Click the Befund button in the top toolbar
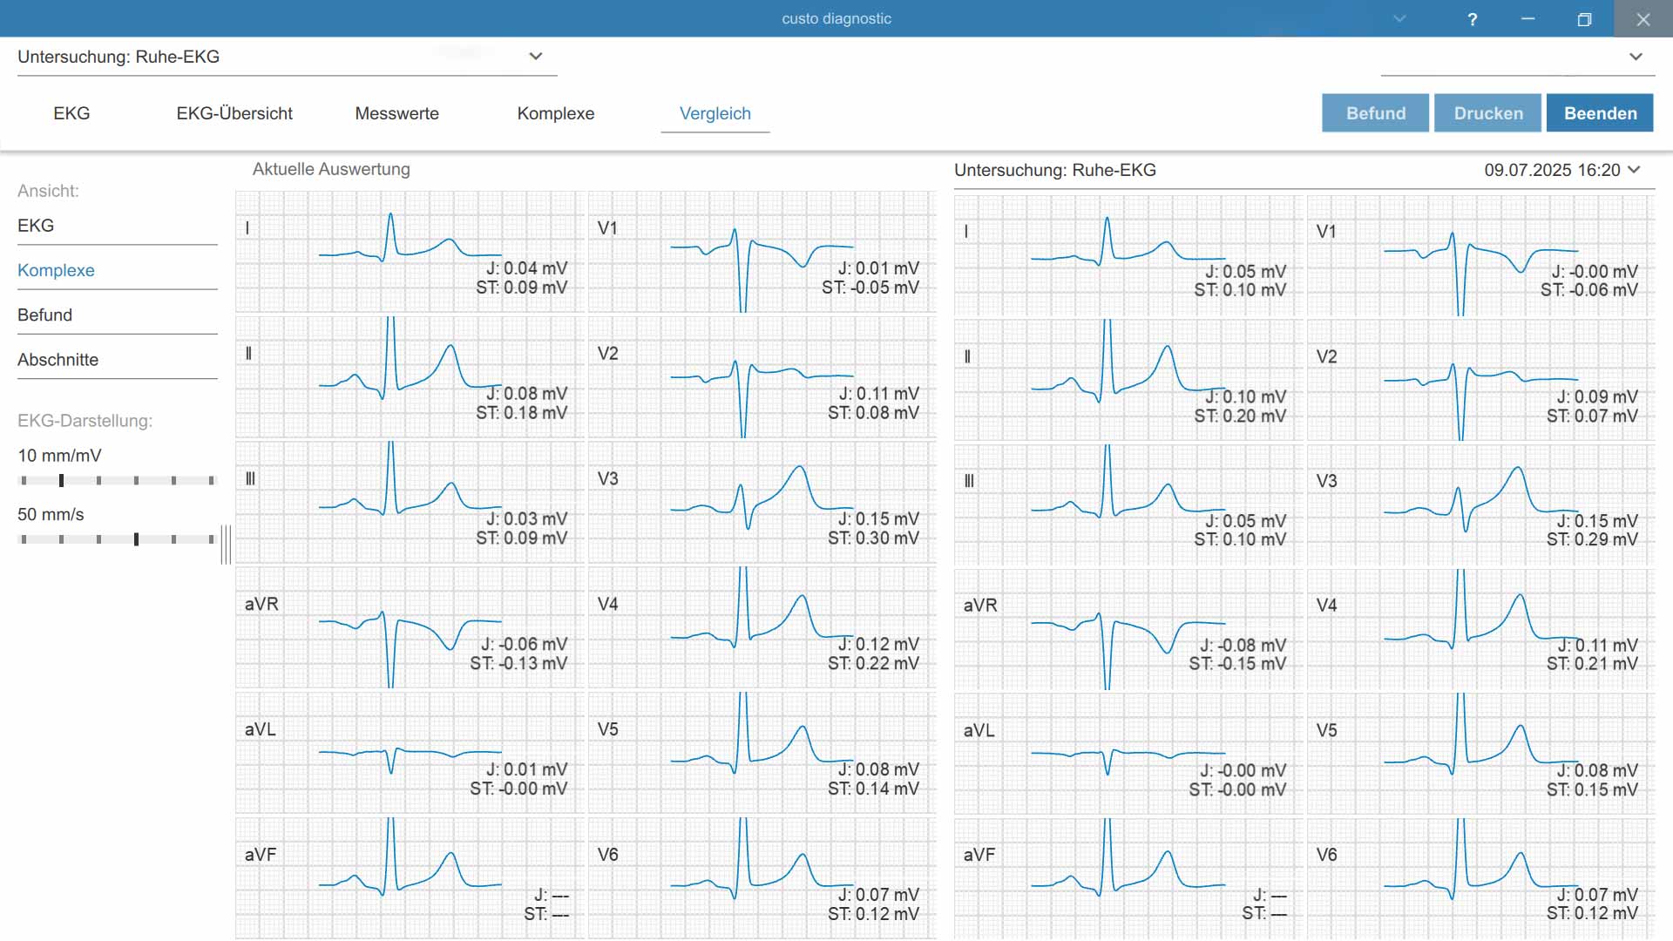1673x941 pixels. tap(1375, 113)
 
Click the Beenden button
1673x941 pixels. tap(1600, 113)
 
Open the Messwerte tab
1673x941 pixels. tap(396, 113)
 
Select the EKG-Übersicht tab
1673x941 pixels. tap(234, 113)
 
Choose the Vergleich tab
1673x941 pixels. tap(715, 113)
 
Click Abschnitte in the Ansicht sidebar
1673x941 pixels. tap(58, 360)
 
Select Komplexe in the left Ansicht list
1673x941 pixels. tap(56, 270)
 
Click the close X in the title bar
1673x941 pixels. tap(1643, 19)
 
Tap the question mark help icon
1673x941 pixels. tap(1473, 19)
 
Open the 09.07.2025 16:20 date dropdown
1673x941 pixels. tap(1562, 170)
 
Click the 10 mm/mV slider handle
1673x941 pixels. tap(61, 481)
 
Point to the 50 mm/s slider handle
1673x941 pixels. tap(136, 540)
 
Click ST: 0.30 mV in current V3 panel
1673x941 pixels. tap(873, 538)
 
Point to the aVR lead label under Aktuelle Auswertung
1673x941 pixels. tap(261, 604)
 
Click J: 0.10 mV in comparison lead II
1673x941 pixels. tap(1245, 396)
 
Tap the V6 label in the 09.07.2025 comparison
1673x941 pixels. tap(1326, 855)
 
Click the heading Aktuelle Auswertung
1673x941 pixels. tap(331, 169)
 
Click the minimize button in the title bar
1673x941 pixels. tap(1527, 19)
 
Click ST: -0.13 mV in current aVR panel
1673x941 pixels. tap(518, 664)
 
